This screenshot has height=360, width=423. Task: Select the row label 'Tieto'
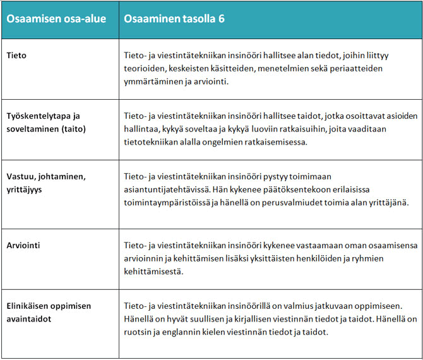16,56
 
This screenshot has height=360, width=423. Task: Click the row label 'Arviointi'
24,244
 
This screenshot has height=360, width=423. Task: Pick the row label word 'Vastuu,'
22,177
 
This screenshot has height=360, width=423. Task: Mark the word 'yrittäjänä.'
388,203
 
